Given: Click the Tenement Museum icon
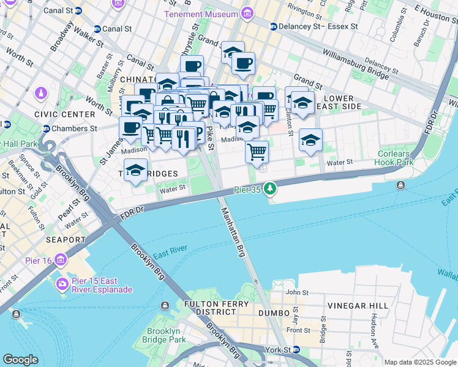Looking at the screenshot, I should (247, 13).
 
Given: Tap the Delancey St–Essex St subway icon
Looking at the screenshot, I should (274, 26).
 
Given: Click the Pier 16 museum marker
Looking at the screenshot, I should (60, 261).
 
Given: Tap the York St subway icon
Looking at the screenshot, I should (296, 350).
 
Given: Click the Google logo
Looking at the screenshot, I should (20, 360).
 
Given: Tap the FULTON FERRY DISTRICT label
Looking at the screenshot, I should (214, 308).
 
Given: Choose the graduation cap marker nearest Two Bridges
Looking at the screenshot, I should (135, 171).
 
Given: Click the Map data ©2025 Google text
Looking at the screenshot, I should (419, 362).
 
